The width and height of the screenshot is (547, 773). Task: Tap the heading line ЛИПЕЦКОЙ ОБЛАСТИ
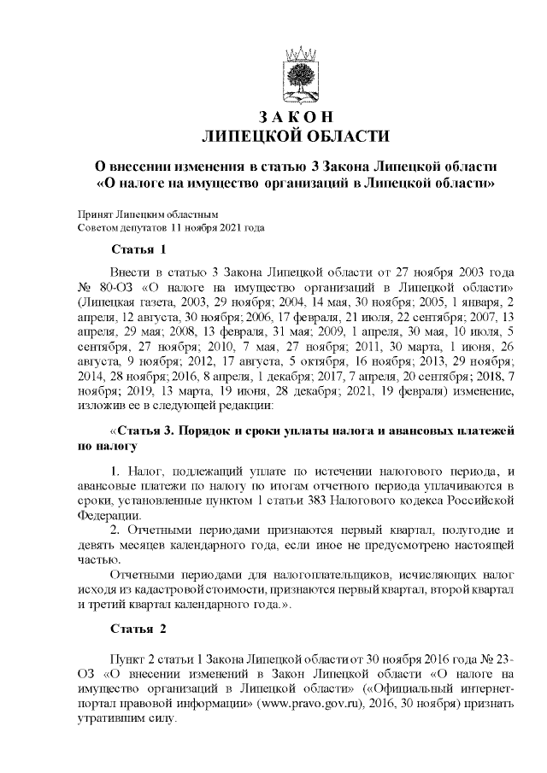294,136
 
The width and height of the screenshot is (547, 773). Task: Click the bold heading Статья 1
138,249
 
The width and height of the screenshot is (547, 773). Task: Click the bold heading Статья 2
138,630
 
